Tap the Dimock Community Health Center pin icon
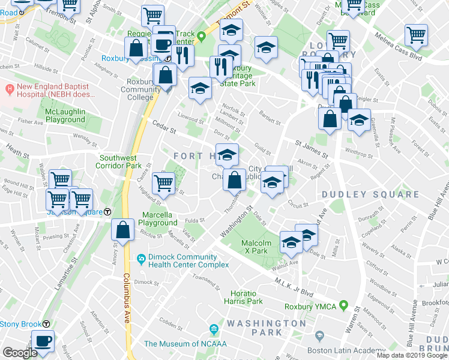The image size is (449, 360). pos(140,259)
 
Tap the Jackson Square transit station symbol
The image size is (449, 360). pos(107,211)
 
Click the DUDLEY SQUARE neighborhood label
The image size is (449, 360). pos(370,194)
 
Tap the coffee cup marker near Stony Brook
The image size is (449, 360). pos(43,340)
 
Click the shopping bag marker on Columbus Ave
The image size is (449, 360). pos(123,230)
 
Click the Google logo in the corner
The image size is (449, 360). pos(20,353)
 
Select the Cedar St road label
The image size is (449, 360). pos(163,127)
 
